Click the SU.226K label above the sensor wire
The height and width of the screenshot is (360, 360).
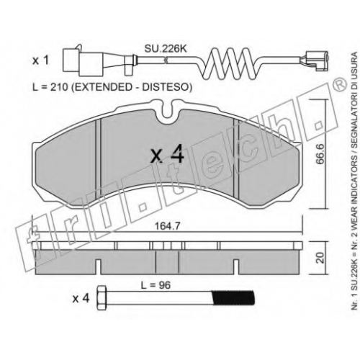(x=165, y=49)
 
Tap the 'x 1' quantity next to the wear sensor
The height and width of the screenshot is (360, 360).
(x=40, y=60)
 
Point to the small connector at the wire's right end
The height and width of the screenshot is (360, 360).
(x=316, y=61)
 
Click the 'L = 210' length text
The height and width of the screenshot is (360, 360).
(x=50, y=87)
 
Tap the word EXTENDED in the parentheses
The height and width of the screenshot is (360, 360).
(x=102, y=87)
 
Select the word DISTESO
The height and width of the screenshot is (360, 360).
(x=166, y=87)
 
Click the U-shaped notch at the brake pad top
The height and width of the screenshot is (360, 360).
(x=170, y=111)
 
